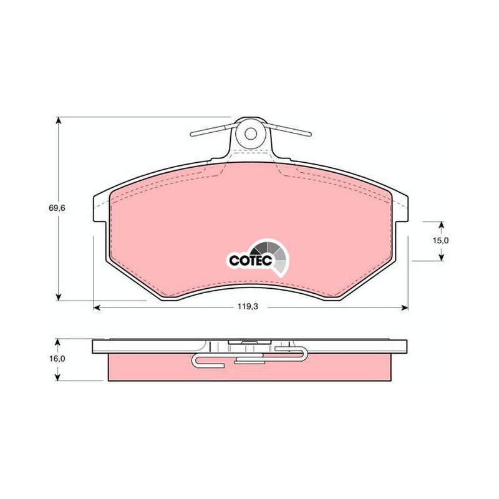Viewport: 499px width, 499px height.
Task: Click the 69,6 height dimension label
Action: pos(57,208)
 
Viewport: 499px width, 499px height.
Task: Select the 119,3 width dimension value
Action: pos(247,307)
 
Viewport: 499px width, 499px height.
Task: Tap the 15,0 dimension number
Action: pos(441,241)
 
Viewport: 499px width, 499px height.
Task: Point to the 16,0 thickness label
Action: pos(57,359)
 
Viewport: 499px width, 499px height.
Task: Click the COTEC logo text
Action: pos(251,260)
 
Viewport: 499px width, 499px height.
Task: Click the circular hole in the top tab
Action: pos(251,133)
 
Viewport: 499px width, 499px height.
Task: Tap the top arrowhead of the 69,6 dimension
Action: pos(58,120)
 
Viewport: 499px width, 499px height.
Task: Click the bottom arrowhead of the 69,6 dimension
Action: pos(58,297)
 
